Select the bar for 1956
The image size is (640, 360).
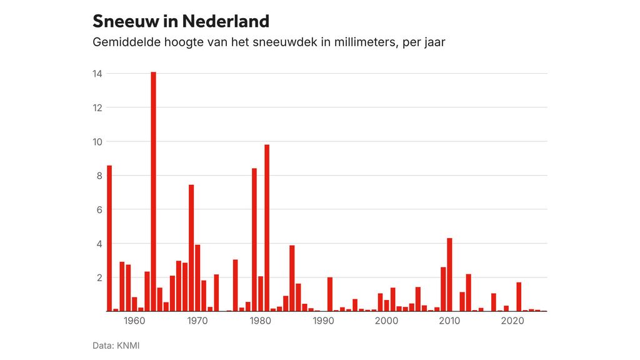tap(109, 238)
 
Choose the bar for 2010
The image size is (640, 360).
tap(449, 274)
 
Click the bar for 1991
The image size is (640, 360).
tap(330, 294)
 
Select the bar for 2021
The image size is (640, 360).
tap(519, 297)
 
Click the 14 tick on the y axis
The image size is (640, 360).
tap(97, 74)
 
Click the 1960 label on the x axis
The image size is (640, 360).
tap(134, 321)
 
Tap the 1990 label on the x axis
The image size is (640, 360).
tap(324, 321)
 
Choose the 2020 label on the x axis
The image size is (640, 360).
tap(512, 321)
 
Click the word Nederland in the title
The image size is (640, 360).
tap(226, 21)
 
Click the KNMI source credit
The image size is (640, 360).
tap(127, 345)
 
